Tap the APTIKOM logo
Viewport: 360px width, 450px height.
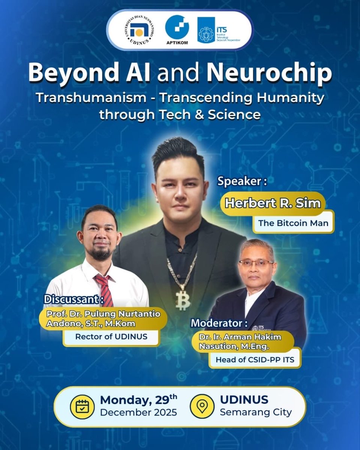point(177,30)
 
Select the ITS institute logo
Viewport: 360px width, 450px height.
point(219,30)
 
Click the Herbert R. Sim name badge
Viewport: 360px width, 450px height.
point(273,204)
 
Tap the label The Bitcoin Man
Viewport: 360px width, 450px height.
point(293,223)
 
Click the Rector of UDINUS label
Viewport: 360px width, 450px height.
point(111,336)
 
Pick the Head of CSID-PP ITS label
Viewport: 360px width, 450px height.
point(255,360)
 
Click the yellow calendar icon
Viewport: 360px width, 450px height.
point(82,407)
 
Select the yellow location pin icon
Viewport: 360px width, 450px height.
point(202,407)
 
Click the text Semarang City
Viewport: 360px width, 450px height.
point(255,412)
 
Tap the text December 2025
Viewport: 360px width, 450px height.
point(138,413)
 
